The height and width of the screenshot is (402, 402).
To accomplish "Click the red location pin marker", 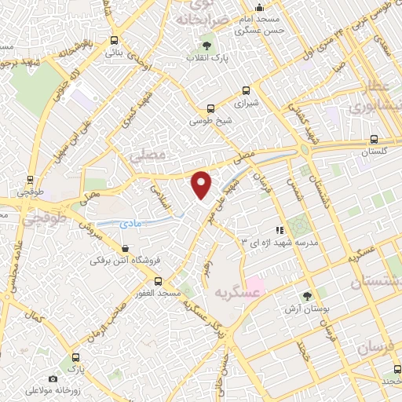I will [202, 185].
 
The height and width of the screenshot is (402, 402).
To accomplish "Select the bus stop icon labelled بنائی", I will [115, 40].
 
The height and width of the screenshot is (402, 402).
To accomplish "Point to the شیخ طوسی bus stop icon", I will [209, 109].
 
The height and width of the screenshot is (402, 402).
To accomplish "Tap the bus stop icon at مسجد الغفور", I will [158, 280].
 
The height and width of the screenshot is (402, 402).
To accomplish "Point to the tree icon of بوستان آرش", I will [307, 296].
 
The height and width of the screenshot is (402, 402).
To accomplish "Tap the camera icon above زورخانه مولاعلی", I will [53, 378].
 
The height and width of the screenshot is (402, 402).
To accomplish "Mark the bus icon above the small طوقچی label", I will [30, 179].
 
